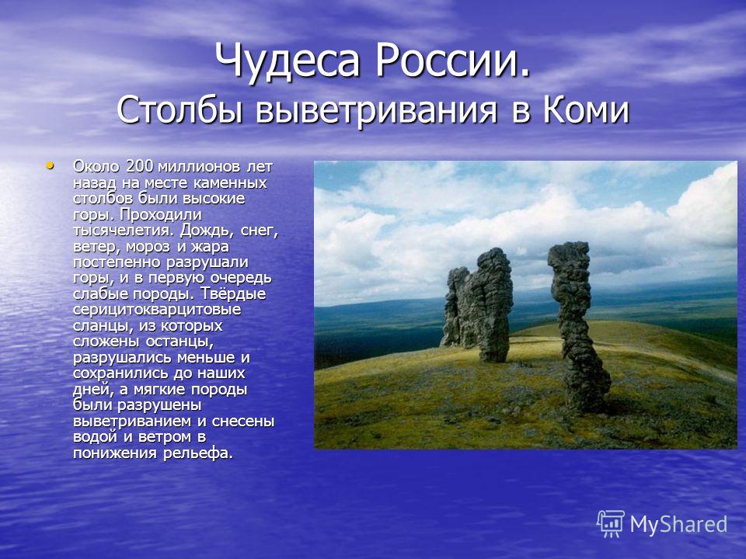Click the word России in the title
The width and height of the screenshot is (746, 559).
(452, 60)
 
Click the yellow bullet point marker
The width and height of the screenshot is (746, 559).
(50, 166)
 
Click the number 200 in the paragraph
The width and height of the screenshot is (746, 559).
(140, 166)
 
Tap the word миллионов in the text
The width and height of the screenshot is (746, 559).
(198, 167)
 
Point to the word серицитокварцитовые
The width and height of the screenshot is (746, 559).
(157, 310)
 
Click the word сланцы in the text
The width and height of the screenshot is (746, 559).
(103, 326)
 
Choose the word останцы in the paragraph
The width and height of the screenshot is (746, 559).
(180, 342)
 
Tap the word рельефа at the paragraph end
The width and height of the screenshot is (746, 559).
(198, 453)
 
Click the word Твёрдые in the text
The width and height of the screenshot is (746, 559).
(232, 293)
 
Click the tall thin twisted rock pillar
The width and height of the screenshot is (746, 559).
(577, 328)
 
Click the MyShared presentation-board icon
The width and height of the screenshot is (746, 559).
(611, 524)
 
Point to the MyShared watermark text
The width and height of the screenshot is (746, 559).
(678, 525)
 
